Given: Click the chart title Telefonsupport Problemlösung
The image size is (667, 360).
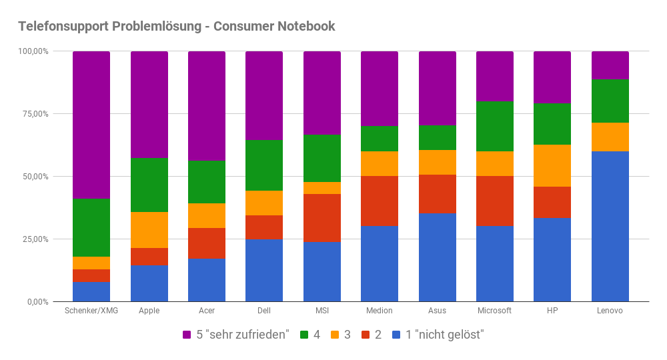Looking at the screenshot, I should pos(176,27).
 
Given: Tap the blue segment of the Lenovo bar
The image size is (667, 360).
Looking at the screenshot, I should pos(610,226).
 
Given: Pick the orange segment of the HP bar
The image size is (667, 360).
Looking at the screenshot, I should pos(552,165).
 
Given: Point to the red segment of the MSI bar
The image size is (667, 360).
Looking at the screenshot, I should pos(322,218).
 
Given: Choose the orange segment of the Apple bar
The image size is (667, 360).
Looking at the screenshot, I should pos(149,230).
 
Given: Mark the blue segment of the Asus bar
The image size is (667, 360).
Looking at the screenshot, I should pos(438,257).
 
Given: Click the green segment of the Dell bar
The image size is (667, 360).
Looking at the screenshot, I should pos(264,165).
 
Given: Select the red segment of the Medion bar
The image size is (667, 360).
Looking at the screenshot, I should pos(380,201).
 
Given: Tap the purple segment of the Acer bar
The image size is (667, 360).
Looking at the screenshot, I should pos(207,106).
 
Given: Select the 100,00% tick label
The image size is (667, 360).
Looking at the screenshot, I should pos(35,51).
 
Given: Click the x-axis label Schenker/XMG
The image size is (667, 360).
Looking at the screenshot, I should pos(91,311).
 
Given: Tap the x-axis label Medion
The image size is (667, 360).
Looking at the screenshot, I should pos(380,311).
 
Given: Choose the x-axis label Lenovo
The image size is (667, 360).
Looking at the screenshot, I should pos(610,311).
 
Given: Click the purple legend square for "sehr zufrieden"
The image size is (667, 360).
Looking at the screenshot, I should pos(187,335).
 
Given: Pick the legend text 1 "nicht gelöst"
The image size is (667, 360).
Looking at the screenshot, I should pos(444,335).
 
